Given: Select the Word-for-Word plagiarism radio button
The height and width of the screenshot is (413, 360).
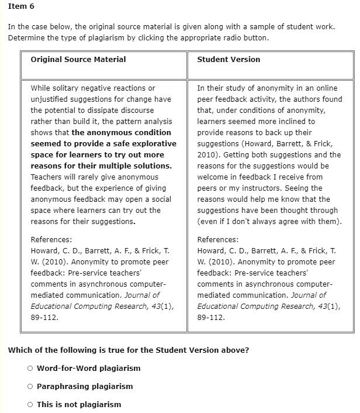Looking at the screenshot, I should point(30,369).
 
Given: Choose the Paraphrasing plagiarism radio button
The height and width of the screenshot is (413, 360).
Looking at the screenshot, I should point(30,387).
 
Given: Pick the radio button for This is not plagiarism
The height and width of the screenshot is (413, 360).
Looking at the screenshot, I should point(30,405).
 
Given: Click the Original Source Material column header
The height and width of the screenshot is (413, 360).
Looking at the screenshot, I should point(78,60).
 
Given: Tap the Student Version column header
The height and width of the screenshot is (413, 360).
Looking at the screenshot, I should point(229,60).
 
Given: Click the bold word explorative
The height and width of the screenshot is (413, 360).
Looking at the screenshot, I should point(155,144).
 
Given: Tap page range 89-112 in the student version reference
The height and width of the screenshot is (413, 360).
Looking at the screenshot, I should point(211,318).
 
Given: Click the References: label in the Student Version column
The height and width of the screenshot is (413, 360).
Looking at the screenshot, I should point(218,240).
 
